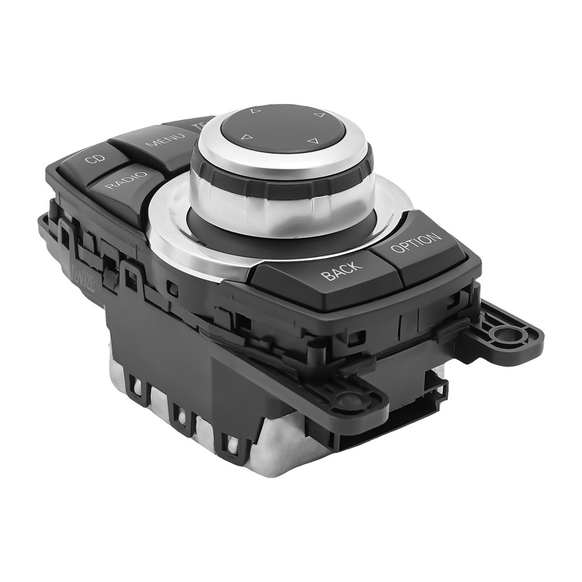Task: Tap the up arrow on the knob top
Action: point(254,110)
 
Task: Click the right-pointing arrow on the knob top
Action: point(319,115)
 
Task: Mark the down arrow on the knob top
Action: point(312,141)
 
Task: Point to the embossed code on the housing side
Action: point(79,270)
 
